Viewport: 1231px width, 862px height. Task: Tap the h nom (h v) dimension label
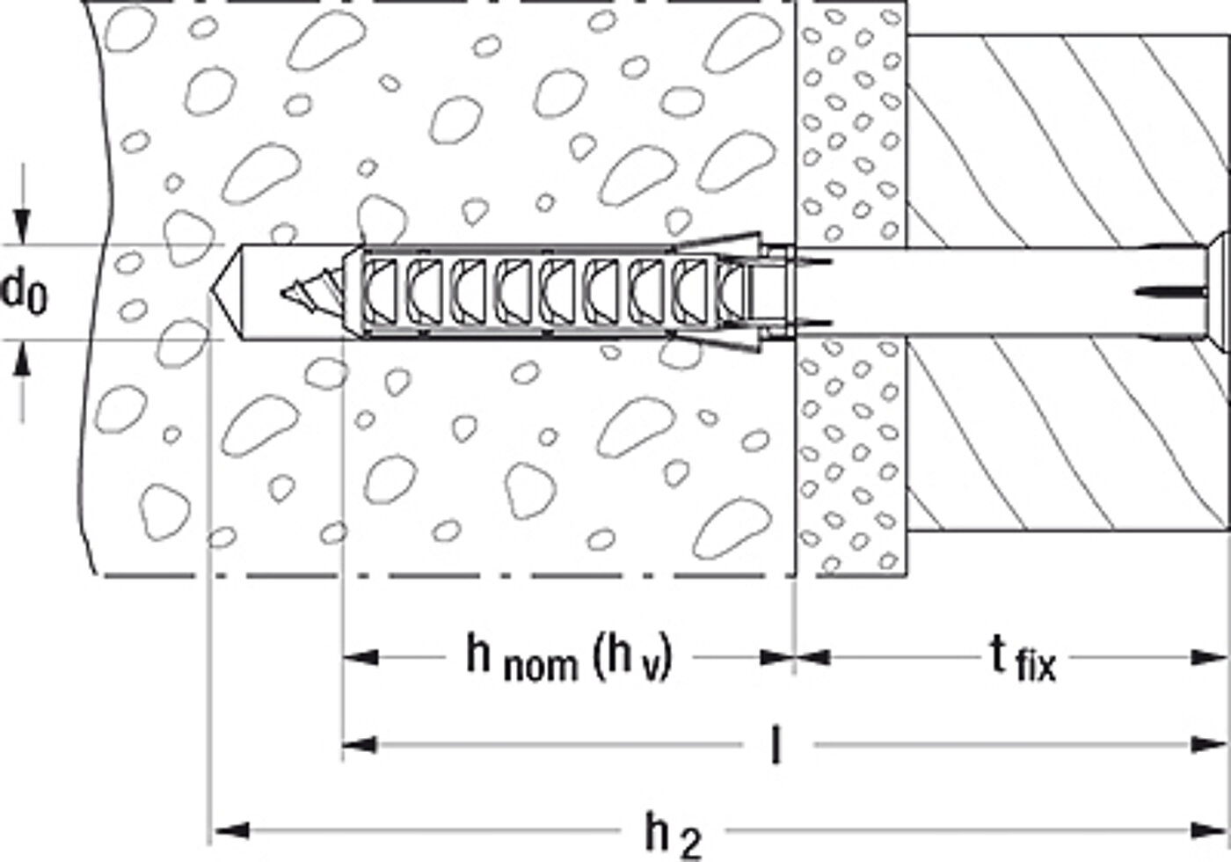click(570, 658)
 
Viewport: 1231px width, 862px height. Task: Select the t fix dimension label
click(1023, 660)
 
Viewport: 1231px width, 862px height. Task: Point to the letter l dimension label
click(776, 745)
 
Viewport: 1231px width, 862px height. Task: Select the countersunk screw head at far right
click(1219, 292)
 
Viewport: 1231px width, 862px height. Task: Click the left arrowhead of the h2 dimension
click(231, 830)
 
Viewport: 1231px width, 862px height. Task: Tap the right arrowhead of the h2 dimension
click(1208, 830)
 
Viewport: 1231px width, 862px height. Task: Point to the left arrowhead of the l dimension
click(361, 746)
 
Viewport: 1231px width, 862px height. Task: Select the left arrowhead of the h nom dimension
click(361, 657)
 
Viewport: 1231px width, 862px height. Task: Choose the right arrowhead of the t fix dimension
click(1209, 657)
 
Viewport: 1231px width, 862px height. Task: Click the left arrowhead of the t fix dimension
click(812, 657)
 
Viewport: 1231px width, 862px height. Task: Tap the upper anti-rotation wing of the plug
click(720, 243)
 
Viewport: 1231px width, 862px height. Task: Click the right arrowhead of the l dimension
click(1208, 746)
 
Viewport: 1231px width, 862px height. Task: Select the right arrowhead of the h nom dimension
click(776, 657)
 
